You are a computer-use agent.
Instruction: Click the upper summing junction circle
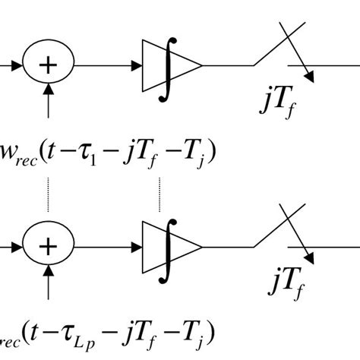49,66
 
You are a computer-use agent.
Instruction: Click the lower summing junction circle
49,247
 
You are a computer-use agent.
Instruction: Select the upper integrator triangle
172,66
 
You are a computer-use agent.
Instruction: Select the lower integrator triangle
172,247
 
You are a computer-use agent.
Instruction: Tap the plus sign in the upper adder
49,66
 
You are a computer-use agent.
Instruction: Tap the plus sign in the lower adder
49,247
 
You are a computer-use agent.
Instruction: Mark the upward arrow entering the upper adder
49,103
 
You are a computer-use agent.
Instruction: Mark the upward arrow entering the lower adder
49,283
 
